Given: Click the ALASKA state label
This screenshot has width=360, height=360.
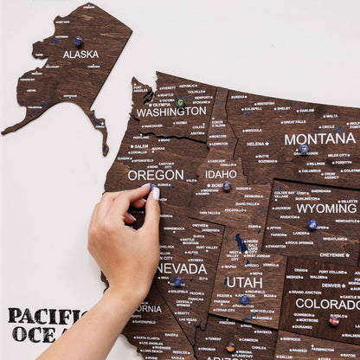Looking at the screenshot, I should coord(80,54).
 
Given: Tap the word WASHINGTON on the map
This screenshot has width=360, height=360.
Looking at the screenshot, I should coord(171,112).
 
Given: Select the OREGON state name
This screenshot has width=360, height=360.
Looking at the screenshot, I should coord(156,174).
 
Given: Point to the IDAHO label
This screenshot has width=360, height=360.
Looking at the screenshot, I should coord(221,174).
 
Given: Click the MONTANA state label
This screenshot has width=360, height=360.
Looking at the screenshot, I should coord(319,138).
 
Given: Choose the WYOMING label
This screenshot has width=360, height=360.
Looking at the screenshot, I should coord(326,209).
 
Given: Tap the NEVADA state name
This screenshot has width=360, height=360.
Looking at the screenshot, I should coord(182,268).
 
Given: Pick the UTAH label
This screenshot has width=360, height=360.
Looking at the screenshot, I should coord(244,282).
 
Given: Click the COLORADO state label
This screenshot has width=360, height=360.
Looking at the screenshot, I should coord(327,304).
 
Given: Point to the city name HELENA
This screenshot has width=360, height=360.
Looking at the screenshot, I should coord(256,144).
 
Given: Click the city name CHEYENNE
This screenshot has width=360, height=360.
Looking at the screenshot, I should coord(333,254).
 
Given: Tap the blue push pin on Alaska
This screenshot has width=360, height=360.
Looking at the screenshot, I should coord(78,41).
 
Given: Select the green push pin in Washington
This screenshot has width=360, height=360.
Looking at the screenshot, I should coord(180,103).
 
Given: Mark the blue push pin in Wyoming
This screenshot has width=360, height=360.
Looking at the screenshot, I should coord(312,224).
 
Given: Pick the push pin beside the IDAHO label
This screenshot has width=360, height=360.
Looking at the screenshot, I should coord(227,185).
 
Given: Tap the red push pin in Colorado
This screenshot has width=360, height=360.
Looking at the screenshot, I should coord(334,320).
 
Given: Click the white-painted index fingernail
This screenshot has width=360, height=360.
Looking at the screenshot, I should coord(155,194).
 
